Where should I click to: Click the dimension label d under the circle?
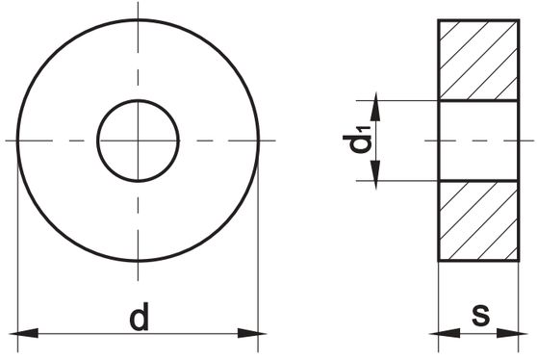[140, 316]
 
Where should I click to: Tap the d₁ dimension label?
[356, 140]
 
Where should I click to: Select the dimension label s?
[481, 314]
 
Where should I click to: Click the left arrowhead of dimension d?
[24, 333]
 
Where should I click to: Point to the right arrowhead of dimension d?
[252, 333]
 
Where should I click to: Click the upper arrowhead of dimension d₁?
[375, 107]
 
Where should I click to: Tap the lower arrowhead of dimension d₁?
[375, 174]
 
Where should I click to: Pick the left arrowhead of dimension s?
[446, 333]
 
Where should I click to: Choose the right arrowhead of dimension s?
[512, 333]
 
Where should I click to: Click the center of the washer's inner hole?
[138, 141]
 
